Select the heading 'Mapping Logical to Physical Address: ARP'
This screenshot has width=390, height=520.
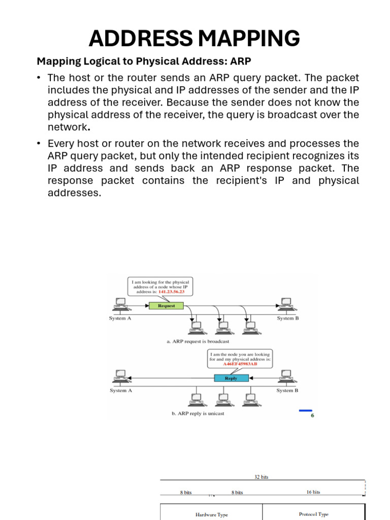pos(144,61)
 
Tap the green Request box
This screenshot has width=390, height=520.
pos(166,306)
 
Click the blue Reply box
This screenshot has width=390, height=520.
pos(231,378)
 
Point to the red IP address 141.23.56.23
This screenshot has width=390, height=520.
pos(173,292)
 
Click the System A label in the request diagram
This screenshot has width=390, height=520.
pos(120,318)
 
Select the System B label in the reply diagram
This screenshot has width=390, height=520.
pos(287,391)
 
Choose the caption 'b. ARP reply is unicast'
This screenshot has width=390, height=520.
pos(198,413)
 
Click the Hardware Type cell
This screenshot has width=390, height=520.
pos(211,514)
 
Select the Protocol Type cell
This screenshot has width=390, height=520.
pos(313,514)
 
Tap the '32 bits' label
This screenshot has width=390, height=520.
pos(262,477)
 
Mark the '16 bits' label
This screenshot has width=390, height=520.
pos(313,492)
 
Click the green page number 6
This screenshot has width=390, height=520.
pos(312,415)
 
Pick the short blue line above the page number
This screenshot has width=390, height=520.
pos(306,410)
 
